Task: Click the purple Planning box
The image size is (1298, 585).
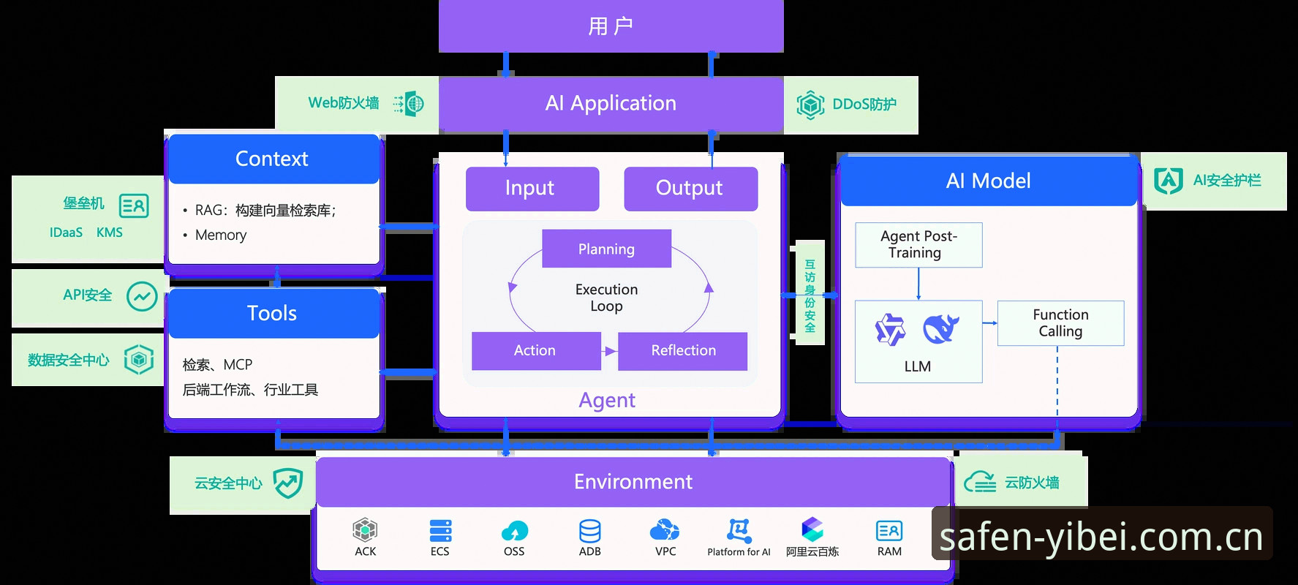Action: [606, 249]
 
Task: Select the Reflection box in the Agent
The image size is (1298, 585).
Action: [683, 351]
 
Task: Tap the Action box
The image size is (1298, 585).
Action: [536, 351]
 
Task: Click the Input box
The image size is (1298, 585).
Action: [532, 189]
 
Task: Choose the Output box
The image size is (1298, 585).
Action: [690, 189]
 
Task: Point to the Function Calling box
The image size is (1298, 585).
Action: [1060, 323]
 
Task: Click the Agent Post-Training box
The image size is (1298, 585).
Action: [918, 245]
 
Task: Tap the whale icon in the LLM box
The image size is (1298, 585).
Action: [941, 328]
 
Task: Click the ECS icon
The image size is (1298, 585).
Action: [440, 530]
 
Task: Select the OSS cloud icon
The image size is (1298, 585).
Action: [515, 531]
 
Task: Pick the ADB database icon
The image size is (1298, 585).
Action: [589, 531]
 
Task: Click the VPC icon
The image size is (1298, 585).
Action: [665, 529]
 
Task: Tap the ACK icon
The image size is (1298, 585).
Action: [365, 529]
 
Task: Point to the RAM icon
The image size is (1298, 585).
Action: [889, 531]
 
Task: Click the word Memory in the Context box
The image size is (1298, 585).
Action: [221, 235]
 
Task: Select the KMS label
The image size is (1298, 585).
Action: [110, 233]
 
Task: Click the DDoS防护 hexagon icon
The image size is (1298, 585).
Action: [810, 105]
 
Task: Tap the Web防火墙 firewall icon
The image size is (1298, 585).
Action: [409, 104]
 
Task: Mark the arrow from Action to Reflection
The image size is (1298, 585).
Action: [610, 351]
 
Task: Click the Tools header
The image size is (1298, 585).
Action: [272, 314]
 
